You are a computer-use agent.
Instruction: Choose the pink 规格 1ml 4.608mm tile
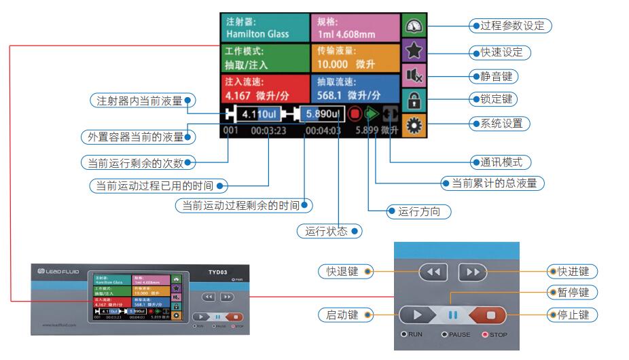click(357, 28)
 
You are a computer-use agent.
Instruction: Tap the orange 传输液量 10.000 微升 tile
click(357, 59)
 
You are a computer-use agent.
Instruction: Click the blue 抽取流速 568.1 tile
click(357, 89)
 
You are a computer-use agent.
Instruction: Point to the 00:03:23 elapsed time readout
click(268, 130)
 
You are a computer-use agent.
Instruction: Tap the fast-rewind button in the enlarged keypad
click(434, 272)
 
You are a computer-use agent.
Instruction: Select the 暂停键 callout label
click(569, 293)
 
